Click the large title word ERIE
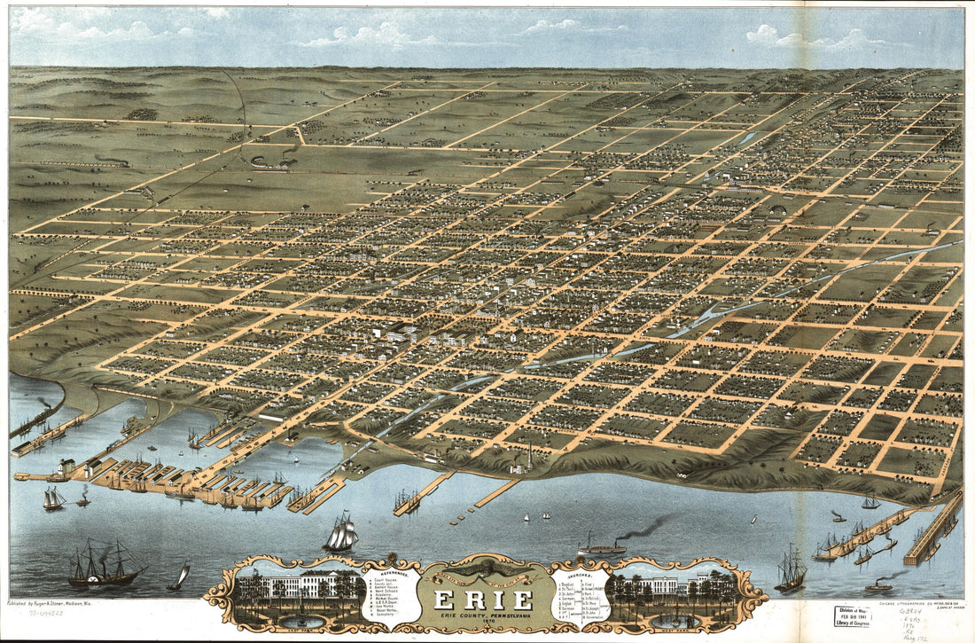tap(483, 599)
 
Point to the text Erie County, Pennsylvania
tap(483, 613)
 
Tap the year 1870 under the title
tap(483, 621)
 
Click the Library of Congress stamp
tap(853, 617)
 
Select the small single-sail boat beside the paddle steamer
tap(179, 578)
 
